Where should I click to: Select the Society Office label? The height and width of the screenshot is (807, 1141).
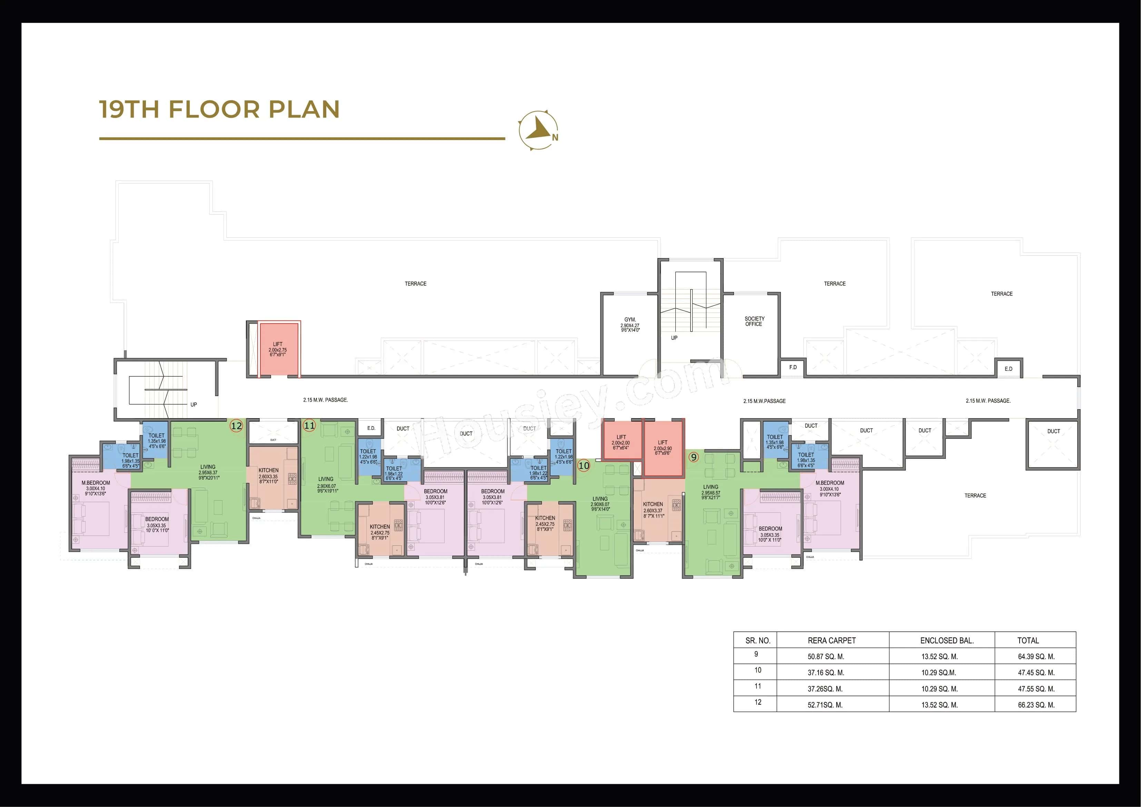click(x=754, y=321)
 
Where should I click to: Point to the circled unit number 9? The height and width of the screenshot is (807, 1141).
click(x=694, y=456)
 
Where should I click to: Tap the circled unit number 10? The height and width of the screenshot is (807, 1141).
click(x=584, y=466)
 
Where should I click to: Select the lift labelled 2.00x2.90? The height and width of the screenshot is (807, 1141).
click(x=663, y=447)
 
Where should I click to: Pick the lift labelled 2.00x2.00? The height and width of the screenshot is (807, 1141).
click(x=621, y=442)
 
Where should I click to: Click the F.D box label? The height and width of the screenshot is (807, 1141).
click(x=793, y=367)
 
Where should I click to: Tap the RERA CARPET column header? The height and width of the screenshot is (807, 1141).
click(x=832, y=640)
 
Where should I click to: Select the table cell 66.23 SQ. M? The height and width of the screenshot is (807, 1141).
click(x=1036, y=705)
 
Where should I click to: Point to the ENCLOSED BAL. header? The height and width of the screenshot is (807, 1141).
click(x=947, y=640)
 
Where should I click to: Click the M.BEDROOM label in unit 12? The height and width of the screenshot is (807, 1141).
click(x=96, y=483)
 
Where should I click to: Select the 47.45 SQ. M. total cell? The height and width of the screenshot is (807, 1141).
click(x=1036, y=673)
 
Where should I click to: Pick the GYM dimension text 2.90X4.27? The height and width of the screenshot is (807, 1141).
click(x=629, y=326)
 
